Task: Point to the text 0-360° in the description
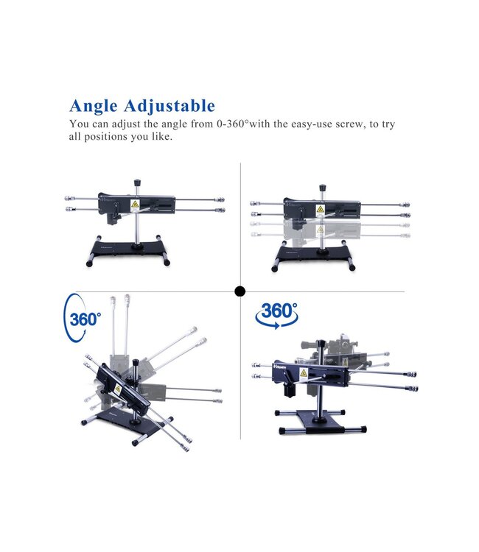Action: coord(224,124)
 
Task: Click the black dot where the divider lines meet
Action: coord(239,291)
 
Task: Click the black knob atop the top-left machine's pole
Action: coord(137,181)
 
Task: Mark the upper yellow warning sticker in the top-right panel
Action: coord(320,209)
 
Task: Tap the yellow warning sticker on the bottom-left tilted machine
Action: coord(117,389)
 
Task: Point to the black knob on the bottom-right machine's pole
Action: coord(321,342)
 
